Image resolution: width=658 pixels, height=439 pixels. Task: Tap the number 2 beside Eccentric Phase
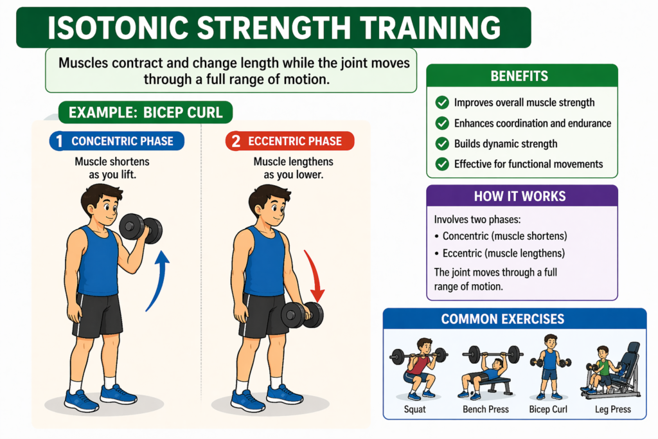click(x=235, y=141)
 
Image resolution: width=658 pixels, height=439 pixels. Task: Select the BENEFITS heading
click(x=519, y=76)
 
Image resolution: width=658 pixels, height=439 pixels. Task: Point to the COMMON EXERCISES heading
click(x=512, y=319)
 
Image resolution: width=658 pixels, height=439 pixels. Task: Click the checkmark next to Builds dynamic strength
click(x=442, y=143)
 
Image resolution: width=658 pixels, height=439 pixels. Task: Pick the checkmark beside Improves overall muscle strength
click(x=442, y=102)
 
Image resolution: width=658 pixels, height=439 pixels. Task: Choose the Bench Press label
click(x=486, y=409)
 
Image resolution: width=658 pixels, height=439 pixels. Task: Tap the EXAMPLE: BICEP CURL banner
click(x=146, y=113)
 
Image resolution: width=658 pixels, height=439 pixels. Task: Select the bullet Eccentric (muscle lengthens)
click(x=498, y=253)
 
